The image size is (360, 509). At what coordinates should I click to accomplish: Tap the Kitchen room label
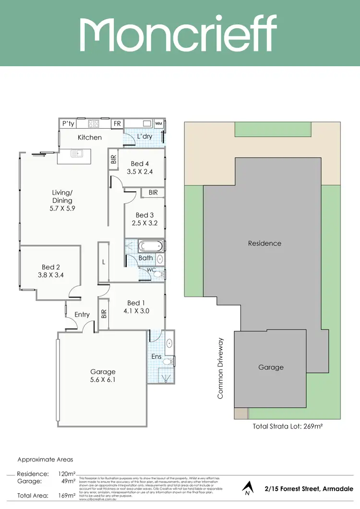[90, 137]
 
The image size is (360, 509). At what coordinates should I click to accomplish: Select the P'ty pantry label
[68, 123]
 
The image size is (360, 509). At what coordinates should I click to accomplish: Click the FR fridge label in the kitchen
[117, 123]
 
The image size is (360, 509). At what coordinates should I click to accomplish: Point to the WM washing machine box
[159, 123]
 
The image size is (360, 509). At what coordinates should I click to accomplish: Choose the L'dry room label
[144, 137]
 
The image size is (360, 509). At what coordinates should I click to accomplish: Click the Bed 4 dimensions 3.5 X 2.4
[140, 171]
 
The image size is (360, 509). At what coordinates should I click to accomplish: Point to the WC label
[151, 270]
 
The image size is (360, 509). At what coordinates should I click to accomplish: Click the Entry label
[82, 314]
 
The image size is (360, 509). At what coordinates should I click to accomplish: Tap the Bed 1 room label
[136, 303]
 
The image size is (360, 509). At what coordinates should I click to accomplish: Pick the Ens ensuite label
[157, 356]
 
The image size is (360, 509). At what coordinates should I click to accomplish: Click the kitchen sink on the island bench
[77, 154]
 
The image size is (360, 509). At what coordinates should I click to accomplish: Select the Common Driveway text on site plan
[221, 368]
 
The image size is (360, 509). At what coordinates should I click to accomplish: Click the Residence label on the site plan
[264, 243]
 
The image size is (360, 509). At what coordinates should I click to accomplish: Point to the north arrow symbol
[247, 487]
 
